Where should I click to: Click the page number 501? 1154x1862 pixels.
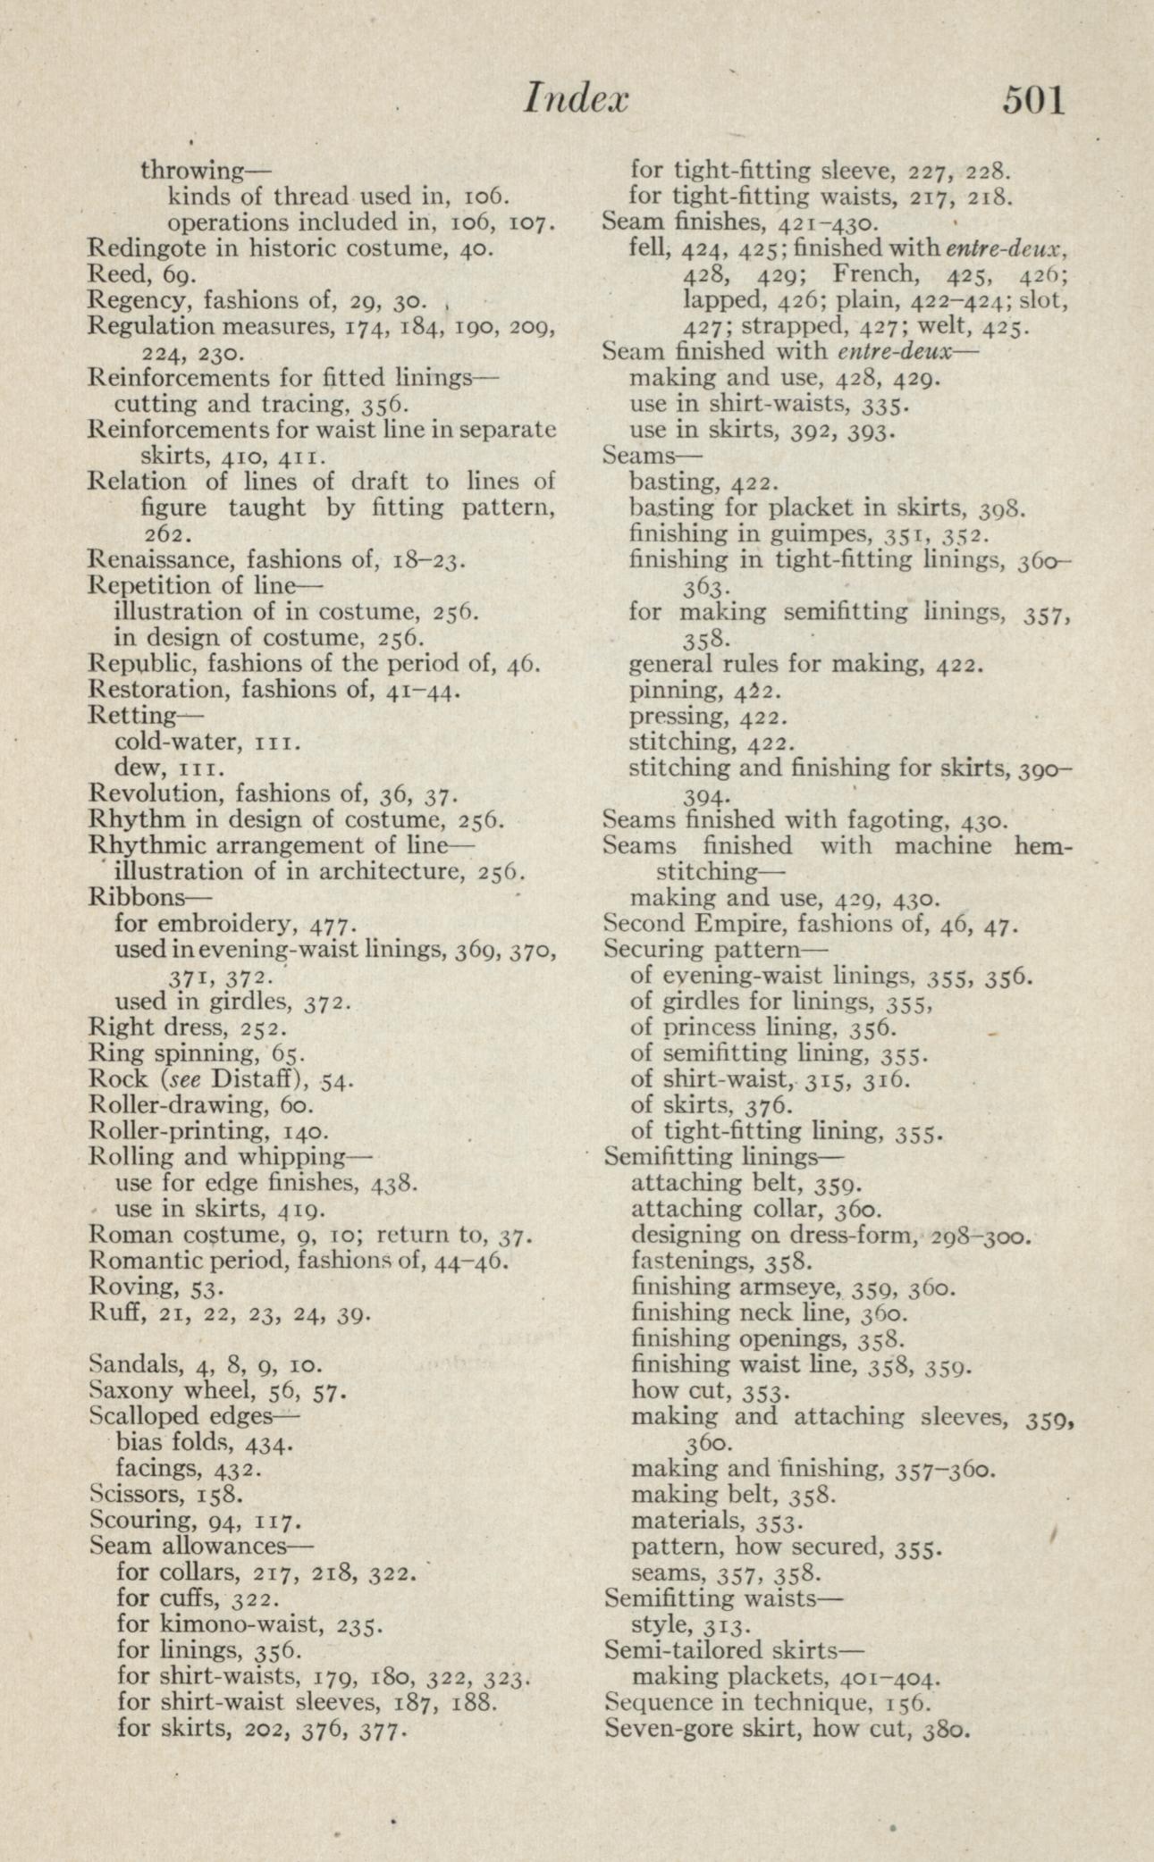[x=1034, y=100]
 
